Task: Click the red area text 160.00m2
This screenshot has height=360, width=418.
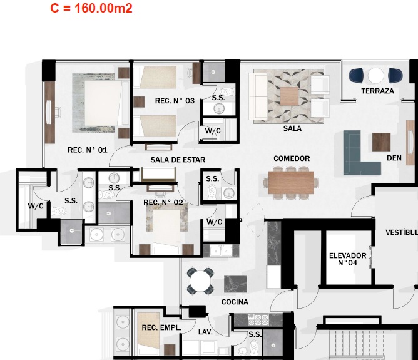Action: pos(103,8)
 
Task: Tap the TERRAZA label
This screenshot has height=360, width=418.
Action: pos(377,91)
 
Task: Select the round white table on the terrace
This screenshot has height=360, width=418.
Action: pos(375,76)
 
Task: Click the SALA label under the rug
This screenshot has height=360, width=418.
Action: pos(292,128)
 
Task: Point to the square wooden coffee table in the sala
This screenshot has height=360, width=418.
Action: pos(289,96)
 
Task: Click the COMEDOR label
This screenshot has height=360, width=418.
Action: pos(292,158)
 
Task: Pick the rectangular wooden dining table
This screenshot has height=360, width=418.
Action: pos(291,182)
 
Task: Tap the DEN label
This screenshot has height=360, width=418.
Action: pos(394,158)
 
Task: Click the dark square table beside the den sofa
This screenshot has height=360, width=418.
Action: pos(381,142)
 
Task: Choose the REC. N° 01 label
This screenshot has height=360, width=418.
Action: pos(88,150)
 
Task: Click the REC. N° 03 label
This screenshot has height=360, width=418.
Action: pos(175,101)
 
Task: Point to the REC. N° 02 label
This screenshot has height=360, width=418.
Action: pos(163,202)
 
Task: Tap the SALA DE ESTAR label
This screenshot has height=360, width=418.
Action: pos(178,160)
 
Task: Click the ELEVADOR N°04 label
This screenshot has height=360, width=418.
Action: pos(348,259)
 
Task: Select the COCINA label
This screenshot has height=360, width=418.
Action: pos(235,302)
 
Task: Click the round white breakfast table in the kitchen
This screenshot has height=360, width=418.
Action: pos(200,281)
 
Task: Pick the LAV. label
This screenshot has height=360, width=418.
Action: pos(205,332)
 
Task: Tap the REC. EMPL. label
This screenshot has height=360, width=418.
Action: pos(161,327)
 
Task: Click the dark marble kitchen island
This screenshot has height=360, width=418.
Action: pos(235,284)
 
